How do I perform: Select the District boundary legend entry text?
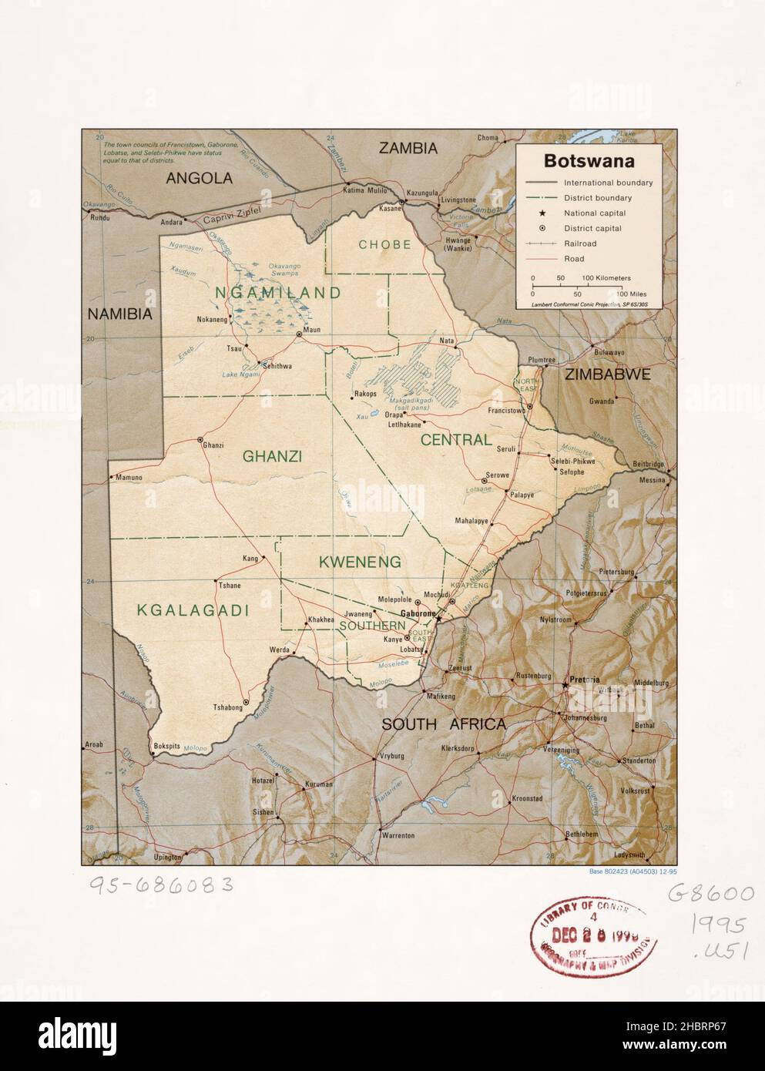(x=597, y=198)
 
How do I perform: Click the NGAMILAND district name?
(x=278, y=293)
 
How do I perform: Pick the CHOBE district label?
(x=384, y=244)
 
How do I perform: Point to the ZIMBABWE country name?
(x=608, y=374)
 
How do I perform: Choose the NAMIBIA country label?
(x=119, y=314)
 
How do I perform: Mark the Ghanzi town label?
(x=213, y=445)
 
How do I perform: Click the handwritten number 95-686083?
(x=150, y=886)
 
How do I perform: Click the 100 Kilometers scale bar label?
(x=606, y=277)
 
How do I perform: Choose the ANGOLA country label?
(x=200, y=179)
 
